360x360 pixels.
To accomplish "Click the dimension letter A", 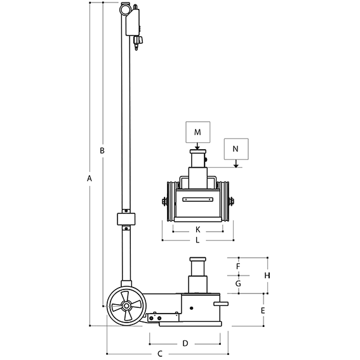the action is [90, 178].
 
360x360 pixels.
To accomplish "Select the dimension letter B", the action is [102, 150].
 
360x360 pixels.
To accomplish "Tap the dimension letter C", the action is [160, 354].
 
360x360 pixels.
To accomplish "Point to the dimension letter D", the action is [185, 343].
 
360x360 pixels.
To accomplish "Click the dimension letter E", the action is [263, 310].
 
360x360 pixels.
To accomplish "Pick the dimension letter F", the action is [238, 266].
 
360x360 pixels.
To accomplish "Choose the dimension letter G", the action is [238, 284].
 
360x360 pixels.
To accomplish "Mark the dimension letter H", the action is [267, 276].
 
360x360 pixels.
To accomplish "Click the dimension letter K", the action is [197, 229].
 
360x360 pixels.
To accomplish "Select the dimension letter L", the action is [197, 240].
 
